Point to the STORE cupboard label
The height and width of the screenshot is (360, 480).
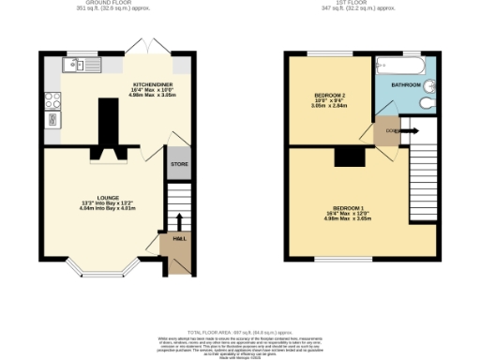179,164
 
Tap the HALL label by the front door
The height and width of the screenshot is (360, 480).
179,239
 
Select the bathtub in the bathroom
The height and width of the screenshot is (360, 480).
399,66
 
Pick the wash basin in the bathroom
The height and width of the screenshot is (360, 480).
430,82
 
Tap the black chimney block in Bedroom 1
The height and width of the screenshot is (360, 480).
352,156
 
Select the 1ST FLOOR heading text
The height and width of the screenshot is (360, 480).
362,4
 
